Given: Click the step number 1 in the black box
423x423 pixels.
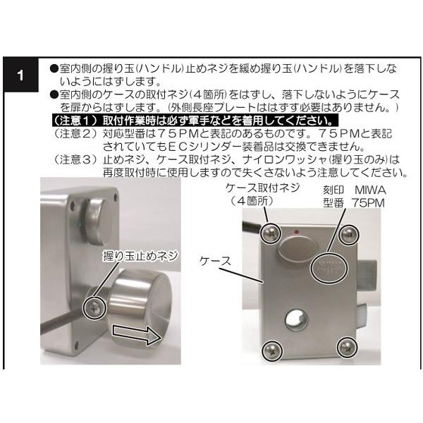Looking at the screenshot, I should (23, 74).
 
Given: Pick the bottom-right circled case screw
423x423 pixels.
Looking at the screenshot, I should (345, 346).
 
